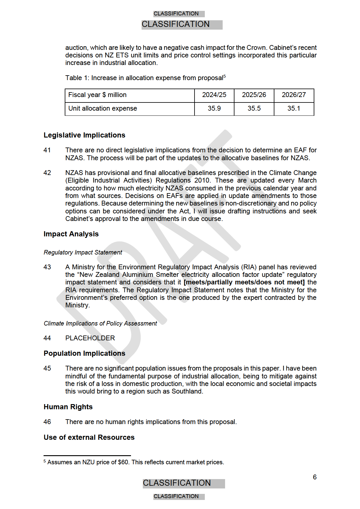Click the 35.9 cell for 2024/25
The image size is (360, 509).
(x=214, y=109)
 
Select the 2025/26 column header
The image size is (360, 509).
(x=254, y=95)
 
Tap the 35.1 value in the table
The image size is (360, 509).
(x=294, y=109)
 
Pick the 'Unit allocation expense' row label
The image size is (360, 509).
(x=103, y=109)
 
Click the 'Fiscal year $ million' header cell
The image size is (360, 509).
(x=97, y=95)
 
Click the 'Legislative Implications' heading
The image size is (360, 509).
(x=84, y=135)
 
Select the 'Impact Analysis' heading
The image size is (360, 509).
(x=71, y=234)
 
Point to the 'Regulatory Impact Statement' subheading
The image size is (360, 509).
(x=83, y=252)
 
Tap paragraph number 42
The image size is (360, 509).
(x=47, y=173)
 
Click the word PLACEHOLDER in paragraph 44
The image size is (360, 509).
(x=90, y=338)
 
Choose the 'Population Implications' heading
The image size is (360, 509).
(x=84, y=353)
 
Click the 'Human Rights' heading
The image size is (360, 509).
(x=68, y=407)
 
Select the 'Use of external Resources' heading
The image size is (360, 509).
(x=89, y=437)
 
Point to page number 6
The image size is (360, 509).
(x=315, y=477)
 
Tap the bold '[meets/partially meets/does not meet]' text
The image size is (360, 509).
(x=244, y=282)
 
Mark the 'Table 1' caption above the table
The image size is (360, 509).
(x=145, y=78)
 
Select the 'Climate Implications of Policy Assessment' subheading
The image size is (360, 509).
(x=100, y=323)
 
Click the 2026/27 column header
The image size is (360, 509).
(x=294, y=95)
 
